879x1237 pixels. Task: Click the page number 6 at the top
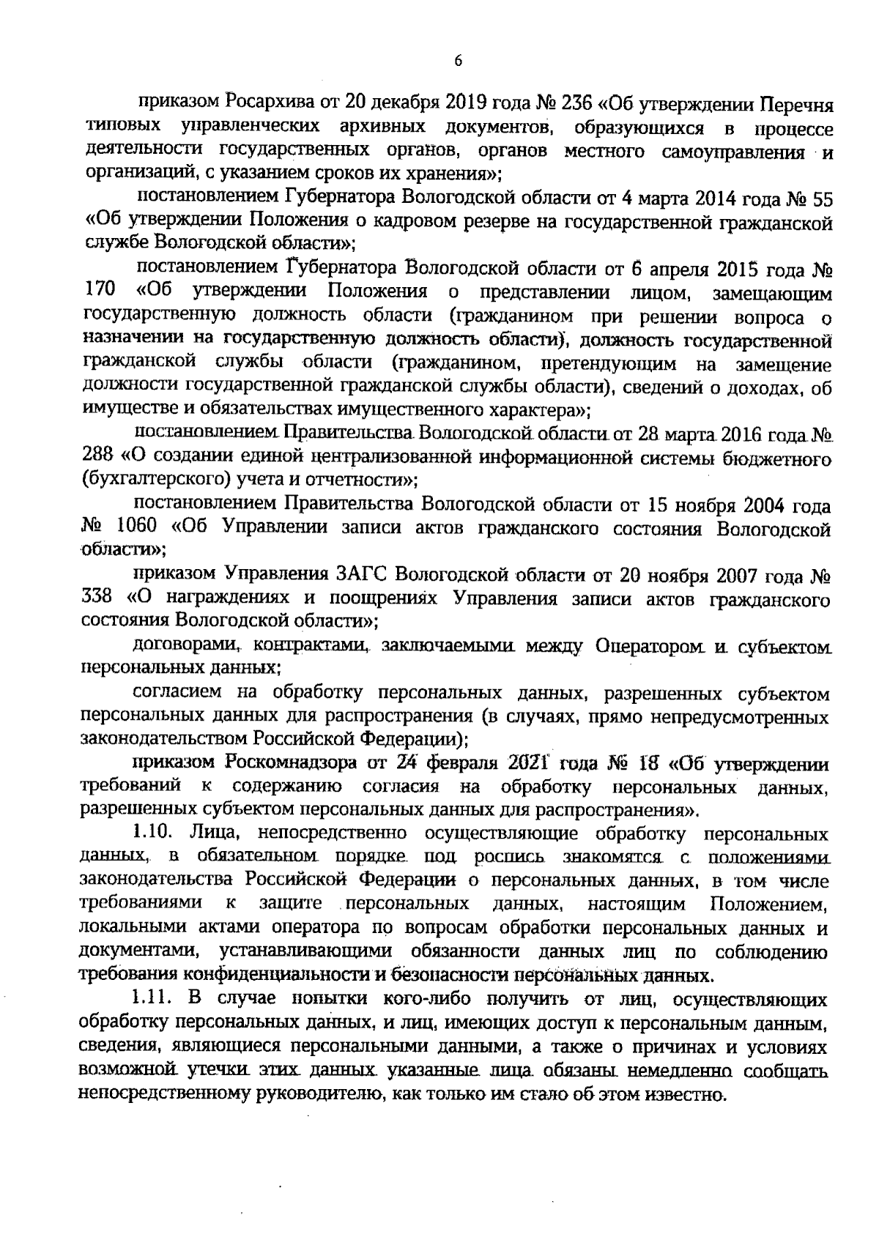tap(458, 62)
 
